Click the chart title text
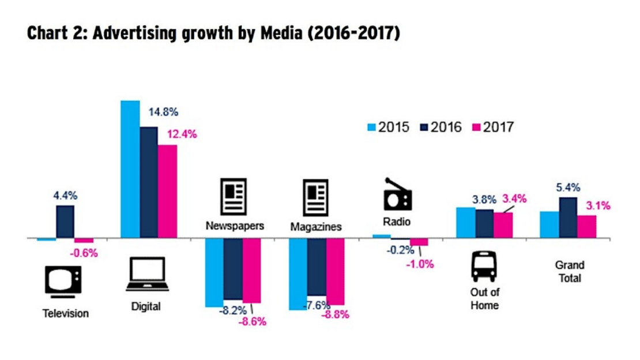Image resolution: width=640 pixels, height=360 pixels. (x=213, y=33)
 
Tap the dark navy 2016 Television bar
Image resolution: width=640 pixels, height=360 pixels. (x=65, y=222)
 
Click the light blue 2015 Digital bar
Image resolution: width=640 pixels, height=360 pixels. (x=130, y=169)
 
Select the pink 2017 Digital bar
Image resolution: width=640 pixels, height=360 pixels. (x=167, y=191)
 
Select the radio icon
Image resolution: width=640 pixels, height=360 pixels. (x=398, y=194)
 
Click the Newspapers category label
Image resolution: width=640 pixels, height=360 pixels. (x=235, y=225)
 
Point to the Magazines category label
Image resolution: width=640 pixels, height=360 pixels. (x=316, y=227)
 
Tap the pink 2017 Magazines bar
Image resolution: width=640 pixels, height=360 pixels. (x=335, y=271)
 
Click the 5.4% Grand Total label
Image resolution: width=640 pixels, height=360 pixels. (x=568, y=187)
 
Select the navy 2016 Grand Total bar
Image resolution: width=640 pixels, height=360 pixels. (x=568, y=217)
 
